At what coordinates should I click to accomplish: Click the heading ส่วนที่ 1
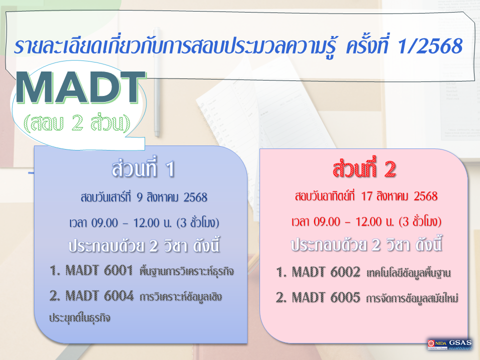pyautogui.click(x=142, y=170)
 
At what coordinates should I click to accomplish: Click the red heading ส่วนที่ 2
pyautogui.click(x=364, y=170)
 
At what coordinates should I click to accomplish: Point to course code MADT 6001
pyautogui.click(x=92, y=272)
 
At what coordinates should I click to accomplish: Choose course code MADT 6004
pyautogui.click(x=92, y=296)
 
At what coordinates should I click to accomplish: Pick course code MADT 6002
pyautogui.click(x=318, y=273)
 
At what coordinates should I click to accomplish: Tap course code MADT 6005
pyautogui.click(x=318, y=298)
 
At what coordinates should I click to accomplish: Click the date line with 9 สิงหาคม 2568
pyautogui.click(x=143, y=198)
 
